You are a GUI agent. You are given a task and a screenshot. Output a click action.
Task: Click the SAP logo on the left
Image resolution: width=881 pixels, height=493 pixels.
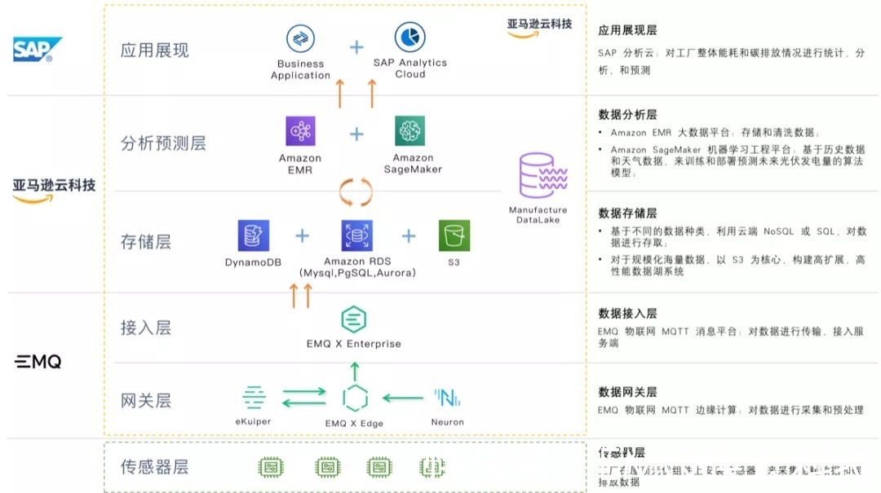tap(37, 50)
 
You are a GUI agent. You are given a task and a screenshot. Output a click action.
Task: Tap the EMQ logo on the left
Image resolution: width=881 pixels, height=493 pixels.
tap(38, 362)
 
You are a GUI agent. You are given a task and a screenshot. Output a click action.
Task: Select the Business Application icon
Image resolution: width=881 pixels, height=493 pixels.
tap(300, 39)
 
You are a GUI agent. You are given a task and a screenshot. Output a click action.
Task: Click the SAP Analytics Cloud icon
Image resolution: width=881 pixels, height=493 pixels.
tap(410, 37)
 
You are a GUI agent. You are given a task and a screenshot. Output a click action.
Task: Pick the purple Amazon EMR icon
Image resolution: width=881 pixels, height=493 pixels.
tap(300, 131)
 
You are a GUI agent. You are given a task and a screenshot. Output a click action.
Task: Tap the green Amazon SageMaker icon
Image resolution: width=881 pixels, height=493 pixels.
tap(410, 131)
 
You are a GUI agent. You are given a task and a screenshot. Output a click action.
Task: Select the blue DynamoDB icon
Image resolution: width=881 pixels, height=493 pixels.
tap(253, 235)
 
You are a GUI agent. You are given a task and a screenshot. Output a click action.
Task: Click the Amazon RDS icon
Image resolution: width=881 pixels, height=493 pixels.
tap(356, 235)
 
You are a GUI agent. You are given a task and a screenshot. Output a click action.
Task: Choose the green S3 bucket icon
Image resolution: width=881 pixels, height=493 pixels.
tap(454, 235)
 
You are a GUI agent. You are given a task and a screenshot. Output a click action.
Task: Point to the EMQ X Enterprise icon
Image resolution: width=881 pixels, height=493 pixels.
tap(353, 320)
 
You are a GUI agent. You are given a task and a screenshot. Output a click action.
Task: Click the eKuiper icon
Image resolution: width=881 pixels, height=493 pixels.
tap(254, 398)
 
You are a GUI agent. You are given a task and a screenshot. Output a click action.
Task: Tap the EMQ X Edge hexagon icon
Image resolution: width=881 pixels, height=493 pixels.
tap(354, 398)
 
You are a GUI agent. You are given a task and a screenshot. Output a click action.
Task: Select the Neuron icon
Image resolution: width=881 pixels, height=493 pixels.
tap(447, 398)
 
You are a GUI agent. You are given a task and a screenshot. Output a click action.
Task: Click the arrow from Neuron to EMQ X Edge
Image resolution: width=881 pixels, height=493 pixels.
tap(402, 398)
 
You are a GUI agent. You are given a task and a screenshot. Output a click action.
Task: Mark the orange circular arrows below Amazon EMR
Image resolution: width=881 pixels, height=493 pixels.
tap(356, 192)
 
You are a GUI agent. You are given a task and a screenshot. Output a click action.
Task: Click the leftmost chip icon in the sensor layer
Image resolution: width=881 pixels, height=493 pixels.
tap(270, 467)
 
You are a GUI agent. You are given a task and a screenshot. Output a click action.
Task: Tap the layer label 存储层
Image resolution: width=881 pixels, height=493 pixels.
tap(146, 242)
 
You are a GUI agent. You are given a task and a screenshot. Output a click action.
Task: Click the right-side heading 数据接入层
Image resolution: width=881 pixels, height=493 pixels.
tap(627, 314)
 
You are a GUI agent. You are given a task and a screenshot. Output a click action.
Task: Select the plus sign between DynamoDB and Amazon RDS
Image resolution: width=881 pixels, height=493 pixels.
tap(303, 236)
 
